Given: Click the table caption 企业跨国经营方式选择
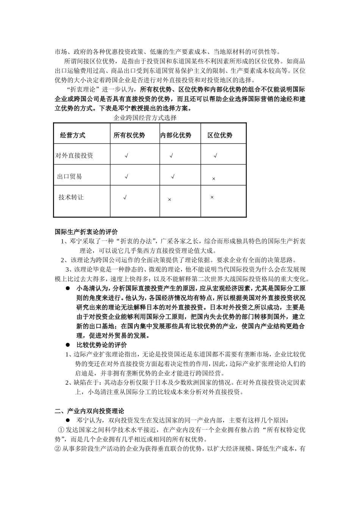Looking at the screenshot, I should click(x=145, y=118).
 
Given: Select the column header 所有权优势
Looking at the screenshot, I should click(x=129, y=135).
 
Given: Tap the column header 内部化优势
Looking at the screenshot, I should click(x=176, y=135).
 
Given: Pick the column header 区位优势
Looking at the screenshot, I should click(x=220, y=135).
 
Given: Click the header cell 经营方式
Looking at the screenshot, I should click(x=73, y=135).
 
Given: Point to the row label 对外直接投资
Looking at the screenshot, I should click(x=74, y=155).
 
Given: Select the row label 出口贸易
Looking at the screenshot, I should click(x=69, y=176).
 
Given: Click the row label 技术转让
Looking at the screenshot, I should click(x=71, y=197).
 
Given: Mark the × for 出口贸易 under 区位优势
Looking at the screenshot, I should click(x=213, y=179).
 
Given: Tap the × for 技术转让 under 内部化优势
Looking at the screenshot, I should click(x=169, y=200).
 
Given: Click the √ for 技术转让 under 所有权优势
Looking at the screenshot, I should click(x=125, y=197).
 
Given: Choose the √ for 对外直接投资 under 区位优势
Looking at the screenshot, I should click(x=215, y=155).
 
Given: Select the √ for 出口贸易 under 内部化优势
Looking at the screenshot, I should click(x=173, y=176).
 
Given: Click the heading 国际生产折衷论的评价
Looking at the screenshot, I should click(x=86, y=232).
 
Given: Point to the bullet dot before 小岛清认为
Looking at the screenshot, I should click(x=68, y=288).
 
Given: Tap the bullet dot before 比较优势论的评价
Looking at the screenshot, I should click(x=68, y=345).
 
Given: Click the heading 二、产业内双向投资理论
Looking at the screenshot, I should click(x=89, y=411).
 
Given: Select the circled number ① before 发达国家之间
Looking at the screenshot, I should click(x=61, y=430).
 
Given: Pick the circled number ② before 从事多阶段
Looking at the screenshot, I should click(x=58, y=449).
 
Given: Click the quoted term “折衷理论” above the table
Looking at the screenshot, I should click(x=83, y=90).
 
